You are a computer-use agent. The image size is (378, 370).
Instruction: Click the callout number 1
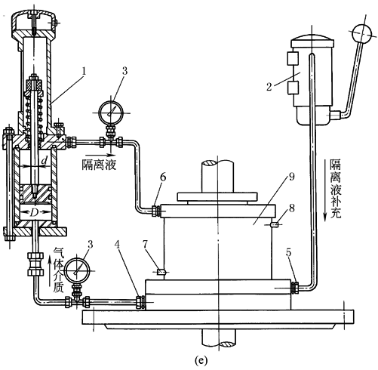tap(85, 71)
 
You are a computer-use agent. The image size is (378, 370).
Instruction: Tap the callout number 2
tap(269, 87)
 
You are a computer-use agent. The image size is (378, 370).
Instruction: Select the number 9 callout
tap(291, 177)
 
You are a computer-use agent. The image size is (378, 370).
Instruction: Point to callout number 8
tap(292, 208)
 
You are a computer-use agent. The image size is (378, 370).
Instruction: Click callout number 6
tap(163, 177)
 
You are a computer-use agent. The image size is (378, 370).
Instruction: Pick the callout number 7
tap(145, 244)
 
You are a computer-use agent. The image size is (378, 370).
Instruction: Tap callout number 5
tap(288, 252)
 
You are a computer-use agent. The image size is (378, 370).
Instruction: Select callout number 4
tap(117, 244)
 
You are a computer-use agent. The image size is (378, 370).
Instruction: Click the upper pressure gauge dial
tap(111, 113)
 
